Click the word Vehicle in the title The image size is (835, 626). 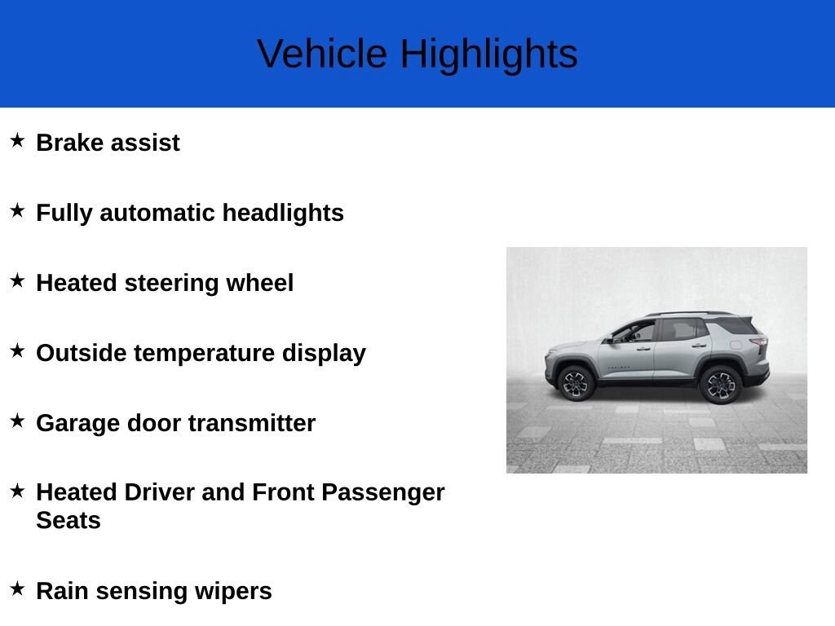(x=321, y=53)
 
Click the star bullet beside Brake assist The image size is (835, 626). (x=18, y=140)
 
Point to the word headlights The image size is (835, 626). (x=283, y=213)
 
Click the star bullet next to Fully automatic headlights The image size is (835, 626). (x=18, y=210)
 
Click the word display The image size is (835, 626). (x=324, y=354)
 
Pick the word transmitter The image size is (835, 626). (x=251, y=423)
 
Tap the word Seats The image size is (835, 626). (x=68, y=520)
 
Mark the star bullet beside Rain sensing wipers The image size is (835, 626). (x=18, y=589)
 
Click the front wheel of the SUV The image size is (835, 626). (x=576, y=383)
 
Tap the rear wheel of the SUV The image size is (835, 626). (x=721, y=385)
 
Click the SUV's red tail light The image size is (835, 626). (x=759, y=342)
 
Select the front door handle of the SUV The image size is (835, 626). (x=644, y=349)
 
